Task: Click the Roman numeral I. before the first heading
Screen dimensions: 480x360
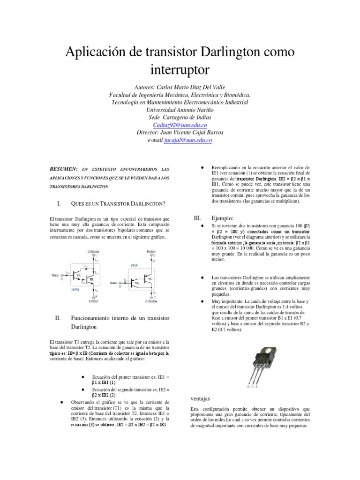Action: click(59, 203)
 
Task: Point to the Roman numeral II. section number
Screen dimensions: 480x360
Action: click(58, 318)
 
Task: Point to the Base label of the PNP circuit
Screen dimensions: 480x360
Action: click(113, 283)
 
